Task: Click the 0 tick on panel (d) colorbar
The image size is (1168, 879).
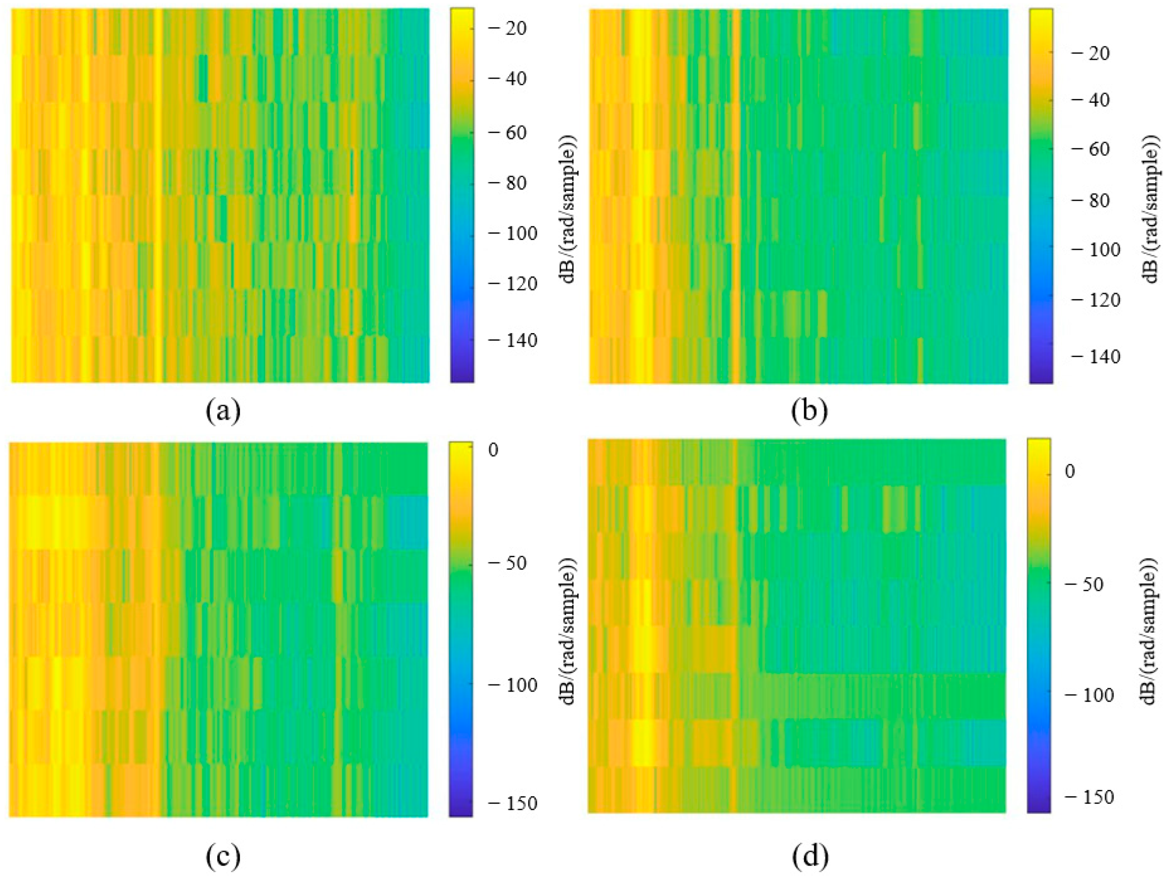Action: pyautogui.click(x=1070, y=471)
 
